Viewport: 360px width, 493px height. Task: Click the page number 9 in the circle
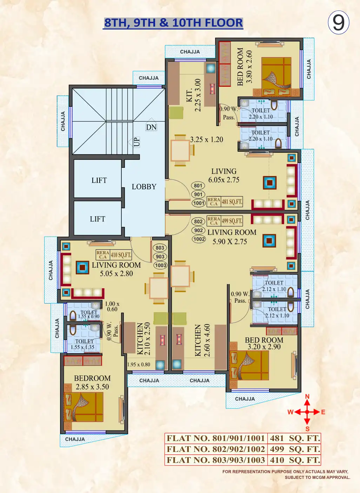[x=339, y=22]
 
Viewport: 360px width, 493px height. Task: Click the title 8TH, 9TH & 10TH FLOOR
[x=173, y=23]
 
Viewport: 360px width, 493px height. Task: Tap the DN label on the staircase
[x=151, y=127]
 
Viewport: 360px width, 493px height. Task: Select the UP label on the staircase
[x=136, y=142]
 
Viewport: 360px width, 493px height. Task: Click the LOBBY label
[x=144, y=187]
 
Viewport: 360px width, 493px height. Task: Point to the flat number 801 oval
[x=198, y=186]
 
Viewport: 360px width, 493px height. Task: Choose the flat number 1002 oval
[x=199, y=239]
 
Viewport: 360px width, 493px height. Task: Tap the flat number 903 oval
[x=160, y=256]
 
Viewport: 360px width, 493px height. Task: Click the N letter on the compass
[x=307, y=397]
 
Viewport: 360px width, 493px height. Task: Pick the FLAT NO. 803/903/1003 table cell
[x=216, y=460]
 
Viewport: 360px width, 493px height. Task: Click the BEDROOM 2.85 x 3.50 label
[x=92, y=382]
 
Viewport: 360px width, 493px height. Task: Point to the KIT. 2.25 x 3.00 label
[x=193, y=95]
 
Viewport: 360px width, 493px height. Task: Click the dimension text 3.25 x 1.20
[x=207, y=139]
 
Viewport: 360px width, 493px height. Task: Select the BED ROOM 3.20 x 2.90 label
[x=264, y=343]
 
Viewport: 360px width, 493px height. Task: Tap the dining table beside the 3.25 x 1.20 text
[x=181, y=150]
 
